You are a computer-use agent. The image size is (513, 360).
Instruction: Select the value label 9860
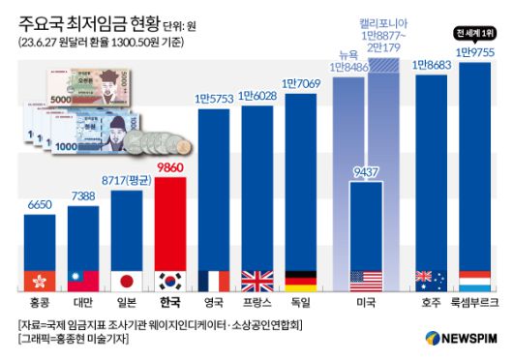[177, 166]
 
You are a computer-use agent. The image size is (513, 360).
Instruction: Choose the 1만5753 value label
[219, 98]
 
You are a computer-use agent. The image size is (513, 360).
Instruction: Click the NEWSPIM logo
[462, 338]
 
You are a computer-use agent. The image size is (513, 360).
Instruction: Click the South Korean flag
[177, 281]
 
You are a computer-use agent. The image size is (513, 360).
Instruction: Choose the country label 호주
[433, 302]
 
